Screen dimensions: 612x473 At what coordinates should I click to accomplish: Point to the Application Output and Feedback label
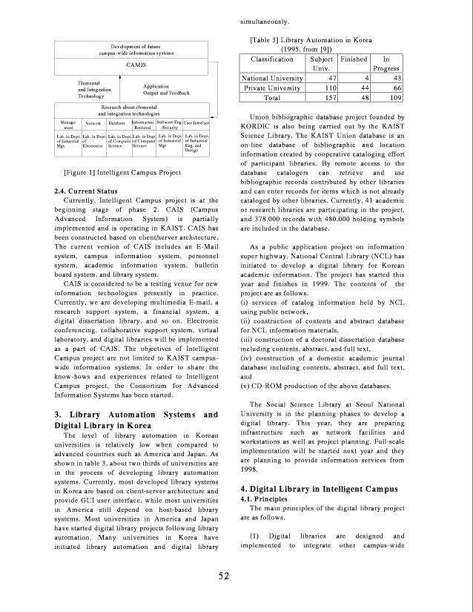[x=167, y=91]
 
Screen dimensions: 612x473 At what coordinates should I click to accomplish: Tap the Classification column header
[x=272, y=59]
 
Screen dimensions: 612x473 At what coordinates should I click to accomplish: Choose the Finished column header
[x=354, y=59]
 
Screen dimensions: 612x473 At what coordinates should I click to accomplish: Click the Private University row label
[x=272, y=88]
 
